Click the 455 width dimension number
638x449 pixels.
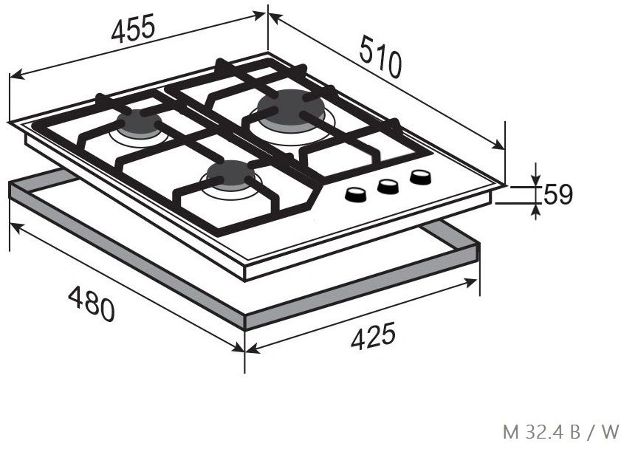pos(133,29)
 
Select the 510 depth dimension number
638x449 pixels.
pos(380,57)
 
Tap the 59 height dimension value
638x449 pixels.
pos(558,194)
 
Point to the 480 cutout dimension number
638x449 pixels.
pos(92,304)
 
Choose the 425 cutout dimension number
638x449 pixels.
pos(373,336)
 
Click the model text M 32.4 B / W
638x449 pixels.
pos(560,431)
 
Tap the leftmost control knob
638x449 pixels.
pos(356,194)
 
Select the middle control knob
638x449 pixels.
pos(388,186)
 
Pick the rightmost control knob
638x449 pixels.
pos(421,177)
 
